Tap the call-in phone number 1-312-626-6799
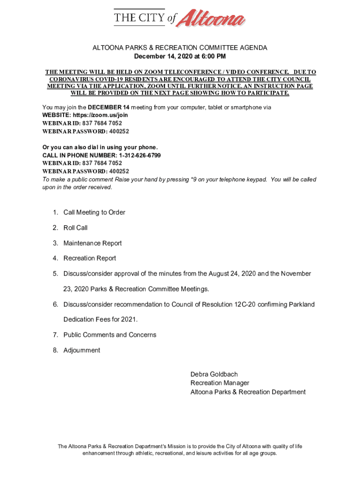point(140,155)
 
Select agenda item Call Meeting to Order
point(94,212)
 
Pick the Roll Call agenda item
point(75,228)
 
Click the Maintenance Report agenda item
point(93,243)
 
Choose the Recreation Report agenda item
point(90,258)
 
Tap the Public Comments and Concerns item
point(110,335)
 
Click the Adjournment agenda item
point(82,350)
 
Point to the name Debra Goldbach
point(214,374)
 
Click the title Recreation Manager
point(220,383)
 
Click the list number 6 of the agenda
point(55,305)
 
